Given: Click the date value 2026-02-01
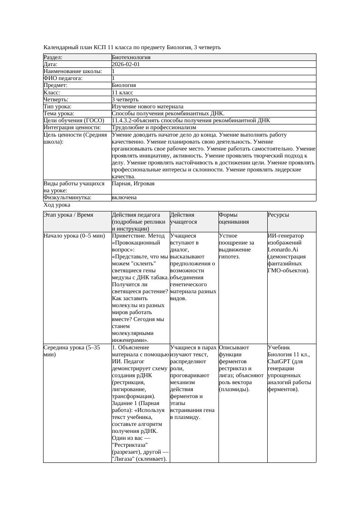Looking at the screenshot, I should [126, 64].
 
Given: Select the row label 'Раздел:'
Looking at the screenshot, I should [53, 57].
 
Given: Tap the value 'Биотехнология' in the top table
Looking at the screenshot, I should [131, 57].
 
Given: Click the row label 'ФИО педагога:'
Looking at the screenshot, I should [63, 78].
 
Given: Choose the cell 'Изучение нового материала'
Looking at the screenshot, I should [148, 107].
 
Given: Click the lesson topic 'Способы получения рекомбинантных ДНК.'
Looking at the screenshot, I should [168, 114].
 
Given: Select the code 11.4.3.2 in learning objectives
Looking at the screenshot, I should [124, 121].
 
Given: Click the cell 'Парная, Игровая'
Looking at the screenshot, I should [133, 184].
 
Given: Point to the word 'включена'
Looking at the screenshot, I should [124, 198].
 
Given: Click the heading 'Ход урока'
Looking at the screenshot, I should [57, 204].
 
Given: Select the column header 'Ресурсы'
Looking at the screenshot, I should [278, 215].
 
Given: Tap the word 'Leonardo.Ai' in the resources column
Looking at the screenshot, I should [283, 250].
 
